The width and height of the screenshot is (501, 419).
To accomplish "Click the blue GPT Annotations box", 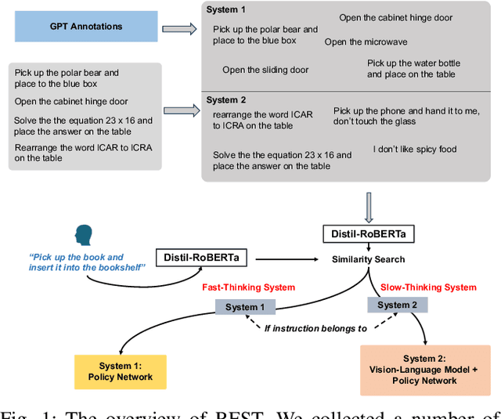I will [85, 27].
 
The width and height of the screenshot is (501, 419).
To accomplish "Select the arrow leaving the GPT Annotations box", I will [178, 29].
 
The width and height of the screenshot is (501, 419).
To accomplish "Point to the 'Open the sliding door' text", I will [265, 70].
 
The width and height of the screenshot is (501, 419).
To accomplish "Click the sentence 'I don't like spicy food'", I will [415, 149].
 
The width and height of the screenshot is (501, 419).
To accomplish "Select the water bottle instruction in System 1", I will [413, 68].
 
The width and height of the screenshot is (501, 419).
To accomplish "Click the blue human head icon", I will [83, 234].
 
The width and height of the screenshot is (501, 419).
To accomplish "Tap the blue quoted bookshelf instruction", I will [77, 262].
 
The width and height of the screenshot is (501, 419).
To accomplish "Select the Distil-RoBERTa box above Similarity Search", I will [367, 233].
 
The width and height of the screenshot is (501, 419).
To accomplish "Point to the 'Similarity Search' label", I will [368, 258].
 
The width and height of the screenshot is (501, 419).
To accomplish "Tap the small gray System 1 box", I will [245, 307].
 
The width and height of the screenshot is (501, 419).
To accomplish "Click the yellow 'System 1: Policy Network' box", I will [121, 371].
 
